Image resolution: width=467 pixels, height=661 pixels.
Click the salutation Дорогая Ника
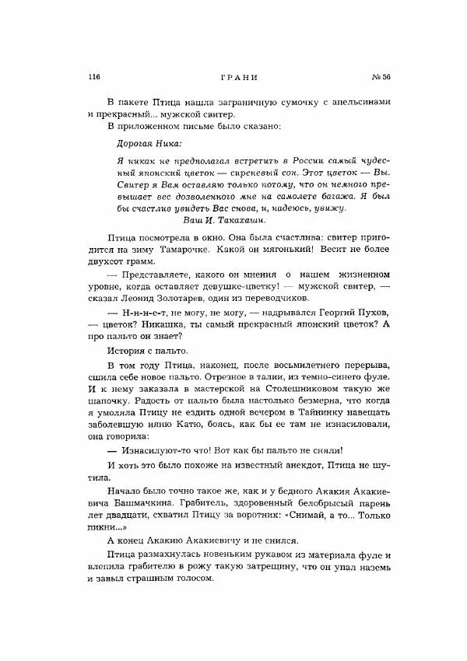[147, 142]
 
